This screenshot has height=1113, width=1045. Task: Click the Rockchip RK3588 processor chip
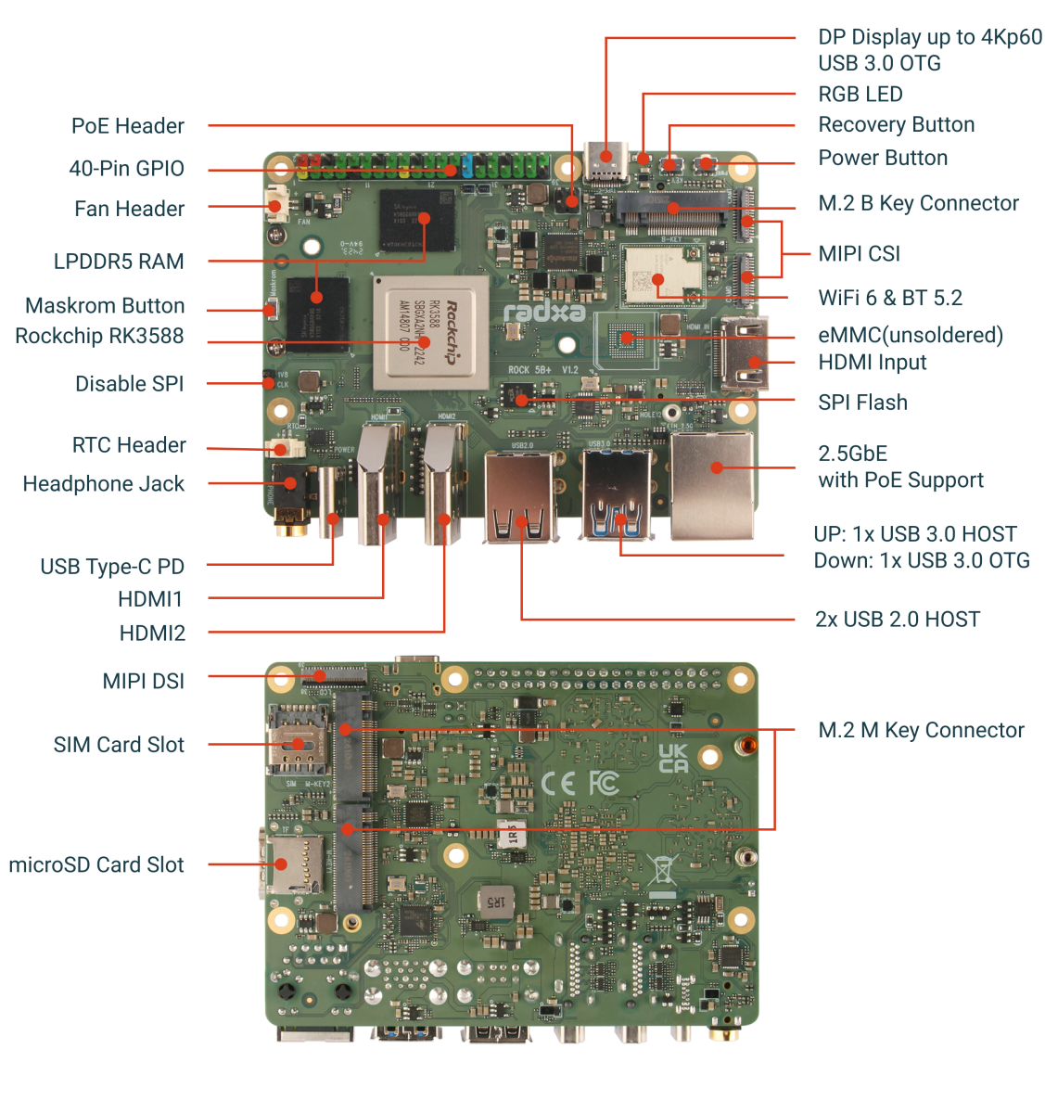point(431,333)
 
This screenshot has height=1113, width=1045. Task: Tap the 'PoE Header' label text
point(128,126)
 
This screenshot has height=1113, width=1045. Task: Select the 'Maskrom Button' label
point(105,306)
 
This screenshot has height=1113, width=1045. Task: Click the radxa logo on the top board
point(544,312)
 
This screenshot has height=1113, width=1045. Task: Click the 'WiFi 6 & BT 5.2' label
point(889,298)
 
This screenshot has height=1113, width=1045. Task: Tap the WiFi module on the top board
point(656,275)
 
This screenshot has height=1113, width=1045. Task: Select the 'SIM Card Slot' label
point(119,745)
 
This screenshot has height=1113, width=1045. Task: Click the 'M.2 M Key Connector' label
point(921,731)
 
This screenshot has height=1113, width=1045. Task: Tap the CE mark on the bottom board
point(557,784)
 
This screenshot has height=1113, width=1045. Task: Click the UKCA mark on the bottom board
point(673,759)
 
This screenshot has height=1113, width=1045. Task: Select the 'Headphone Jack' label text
point(103,483)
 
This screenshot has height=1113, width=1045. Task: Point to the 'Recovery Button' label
point(896,125)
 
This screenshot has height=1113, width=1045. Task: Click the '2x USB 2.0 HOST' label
point(897,620)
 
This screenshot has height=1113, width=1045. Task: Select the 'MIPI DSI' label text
point(143,681)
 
